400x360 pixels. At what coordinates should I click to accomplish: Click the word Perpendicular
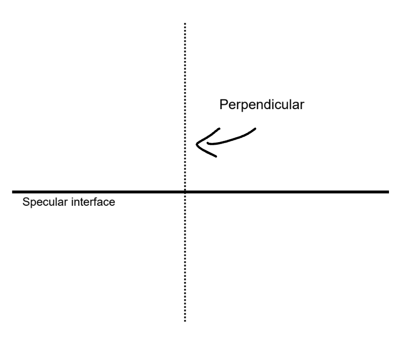(262, 106)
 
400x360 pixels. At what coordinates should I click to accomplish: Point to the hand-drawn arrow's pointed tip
(196, 145)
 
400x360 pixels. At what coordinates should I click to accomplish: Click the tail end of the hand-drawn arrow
(256, 128)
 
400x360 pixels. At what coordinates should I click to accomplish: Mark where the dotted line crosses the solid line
(185, 192)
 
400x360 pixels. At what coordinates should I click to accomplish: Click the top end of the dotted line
(185, 23)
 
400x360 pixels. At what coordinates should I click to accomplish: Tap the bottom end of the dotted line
(185, 320)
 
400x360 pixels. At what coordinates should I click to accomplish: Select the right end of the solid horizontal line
(388, 192)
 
